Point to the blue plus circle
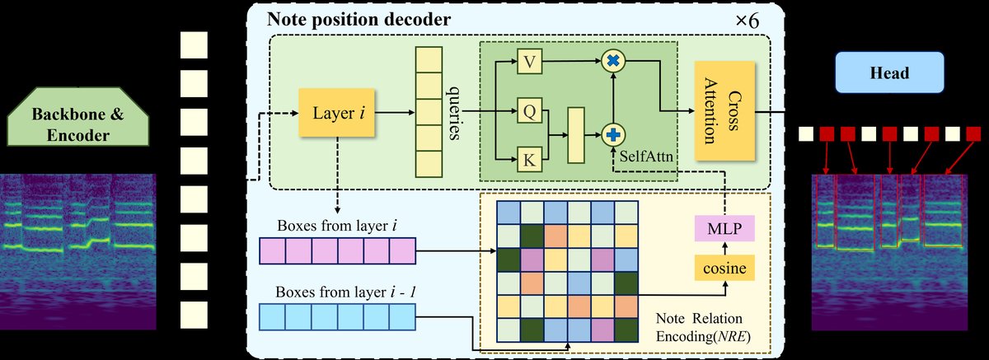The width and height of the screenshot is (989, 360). point(612,133)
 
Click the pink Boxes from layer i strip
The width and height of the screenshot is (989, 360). point(337,250)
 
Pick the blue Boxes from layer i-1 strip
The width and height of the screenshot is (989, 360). point(337,316)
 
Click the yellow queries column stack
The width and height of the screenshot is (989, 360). point(429,110)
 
